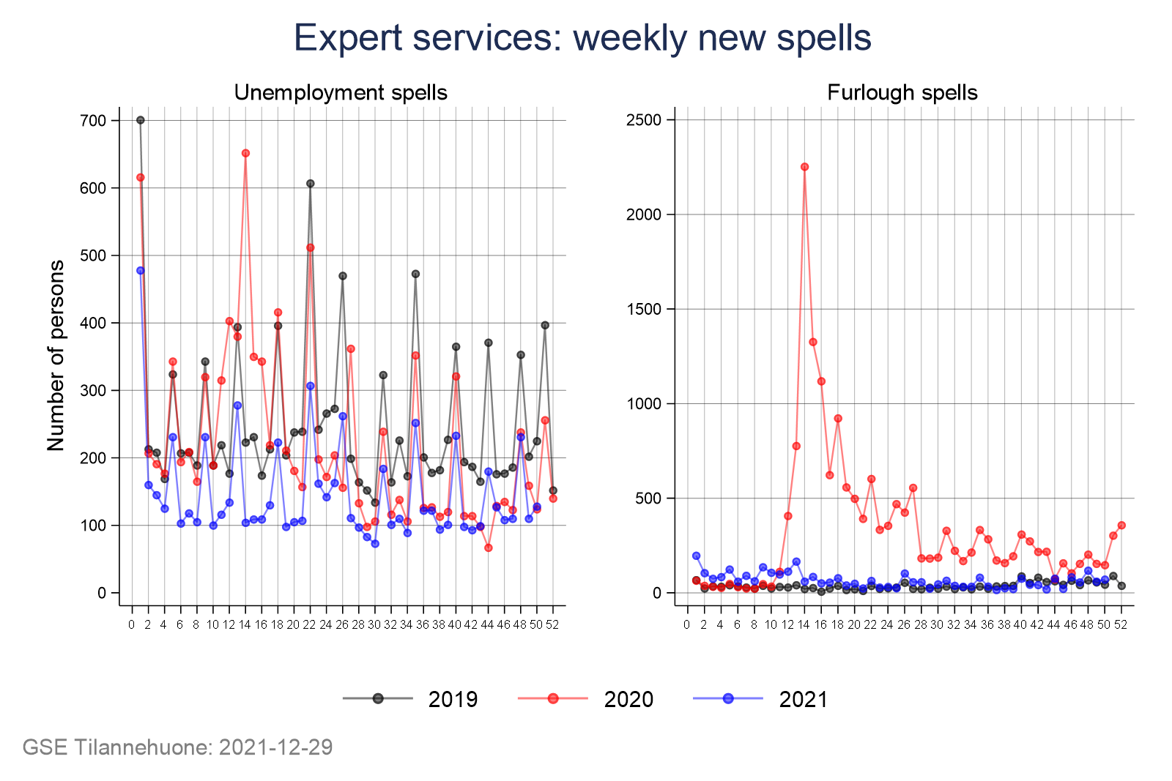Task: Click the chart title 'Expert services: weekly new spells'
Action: [x=582, y=38]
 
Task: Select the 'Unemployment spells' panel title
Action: [x=341, y=93]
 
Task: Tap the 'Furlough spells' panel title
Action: [x=902, y=93]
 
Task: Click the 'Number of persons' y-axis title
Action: [x=56, y=356]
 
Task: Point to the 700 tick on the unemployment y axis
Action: [x=94, y=121]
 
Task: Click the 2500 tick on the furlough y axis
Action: [x=644, y=120]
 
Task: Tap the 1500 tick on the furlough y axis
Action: [x=644, y=309]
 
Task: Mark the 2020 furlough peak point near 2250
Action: [x=804, y=167]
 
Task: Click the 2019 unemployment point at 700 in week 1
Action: [x=141, y=120]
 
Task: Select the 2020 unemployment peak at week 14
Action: [x=245, y=153]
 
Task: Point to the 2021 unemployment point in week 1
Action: [x=141, y=271]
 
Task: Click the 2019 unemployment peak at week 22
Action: [x=310, y=184]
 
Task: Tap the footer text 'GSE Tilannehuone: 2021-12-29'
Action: [x=177, y=747]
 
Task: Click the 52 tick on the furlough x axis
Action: [x=1120, y=624]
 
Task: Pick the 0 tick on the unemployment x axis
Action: [x=132, y=624]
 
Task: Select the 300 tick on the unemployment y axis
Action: [x=94, y=390]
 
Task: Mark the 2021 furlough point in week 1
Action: [x=696, y=556]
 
